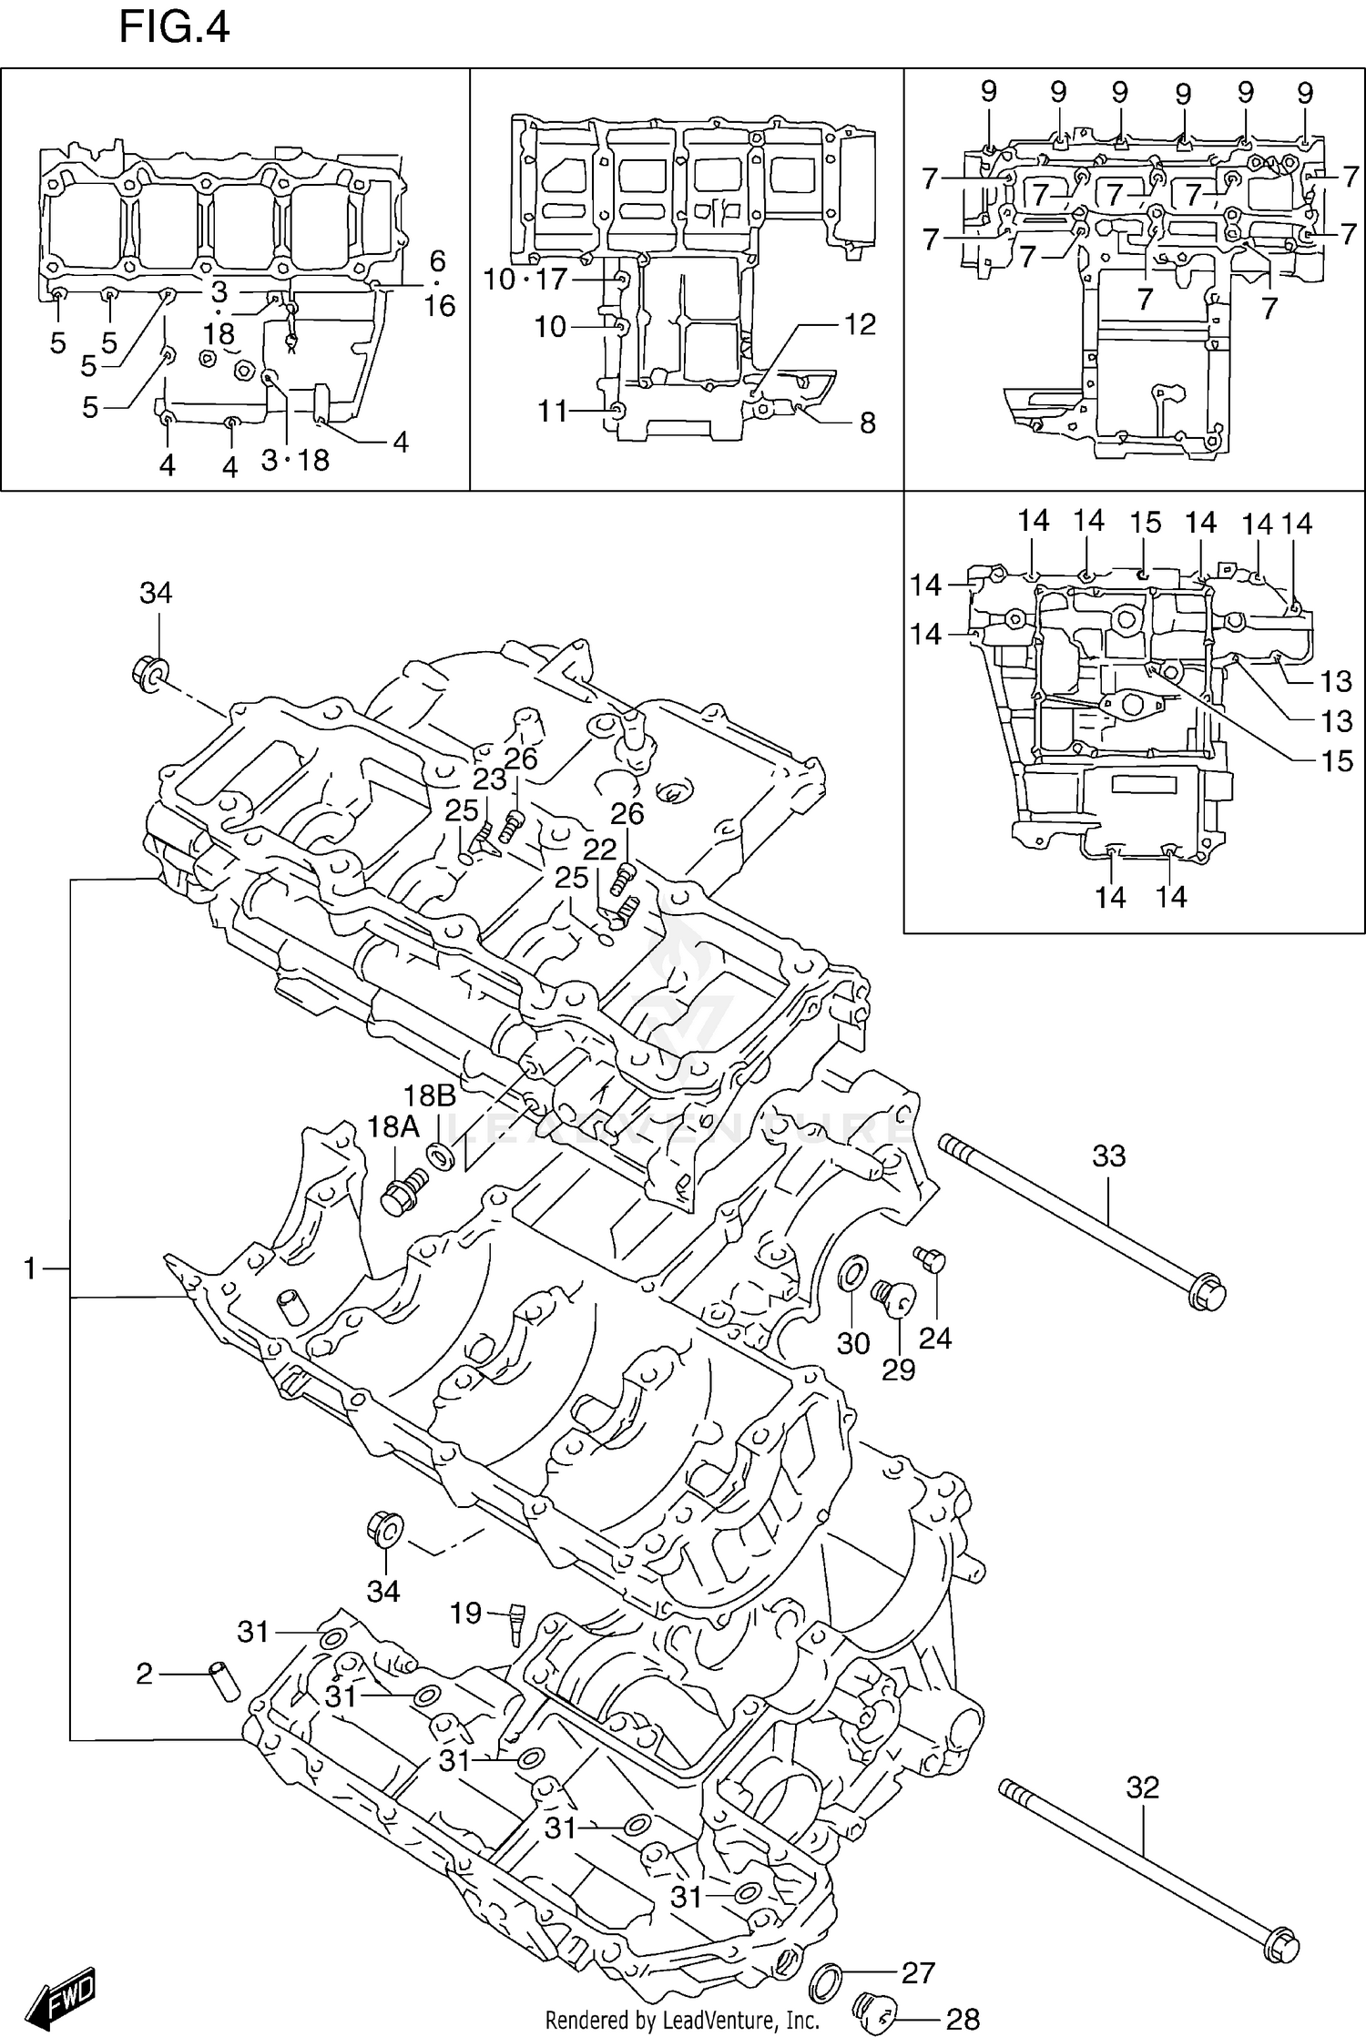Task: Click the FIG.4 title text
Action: (x=173, y=27)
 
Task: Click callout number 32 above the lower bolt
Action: (x=1142, y=1787)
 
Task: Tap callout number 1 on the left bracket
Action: (x=30, y=1268)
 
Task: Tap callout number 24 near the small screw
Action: (x=934, y=1337)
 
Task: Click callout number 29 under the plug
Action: (x=898, y=1369)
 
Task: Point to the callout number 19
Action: (x=465, y=1614)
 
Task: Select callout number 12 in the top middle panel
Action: (x=860, y=324)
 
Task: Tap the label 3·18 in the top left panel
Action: (x=295, y=461)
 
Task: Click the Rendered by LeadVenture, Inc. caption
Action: (x=682, y=2020)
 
